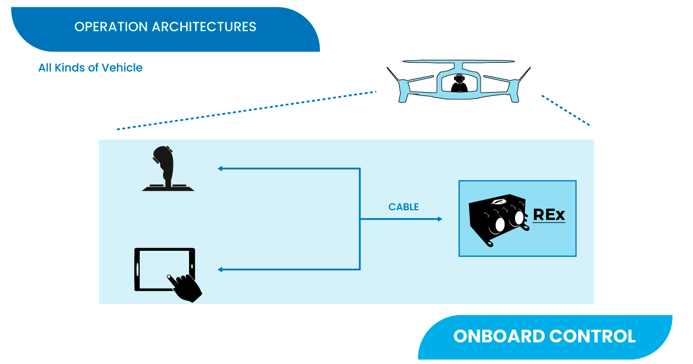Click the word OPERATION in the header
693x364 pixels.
pyautogui.click(x=111, y=27)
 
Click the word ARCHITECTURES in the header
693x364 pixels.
pyautogui.click(x=204, y=27)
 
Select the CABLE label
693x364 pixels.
pyautogui.click(x=404, y=207)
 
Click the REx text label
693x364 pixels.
pyautogui.click(x=549, y=215)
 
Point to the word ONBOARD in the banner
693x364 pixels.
pyautogui.click(x=499, y=336)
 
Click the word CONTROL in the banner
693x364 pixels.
pyautogui.click(x=593, y=336)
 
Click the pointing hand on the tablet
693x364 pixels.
pyautogui.click(x=185, y=288)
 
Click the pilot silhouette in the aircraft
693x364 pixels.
pyautogui.click(x=459, y=83)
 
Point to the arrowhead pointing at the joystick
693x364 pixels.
pyautogui.click(x=220, y=169)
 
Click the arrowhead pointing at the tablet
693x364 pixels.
pyautogui.click(x=220, y=270)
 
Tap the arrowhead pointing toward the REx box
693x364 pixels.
pyautogui.click(x=440, y=219)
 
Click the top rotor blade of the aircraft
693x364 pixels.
pyautogui.click(x=458, y=61)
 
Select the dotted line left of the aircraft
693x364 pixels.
pyautogui.click(x=247, y=110)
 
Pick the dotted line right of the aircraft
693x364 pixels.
pyautogui.click(x=565, y=110)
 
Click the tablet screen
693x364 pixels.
pyautogui.click(x=164, y=269)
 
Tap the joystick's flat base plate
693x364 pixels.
pyautogui.click(x=168, y=188)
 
